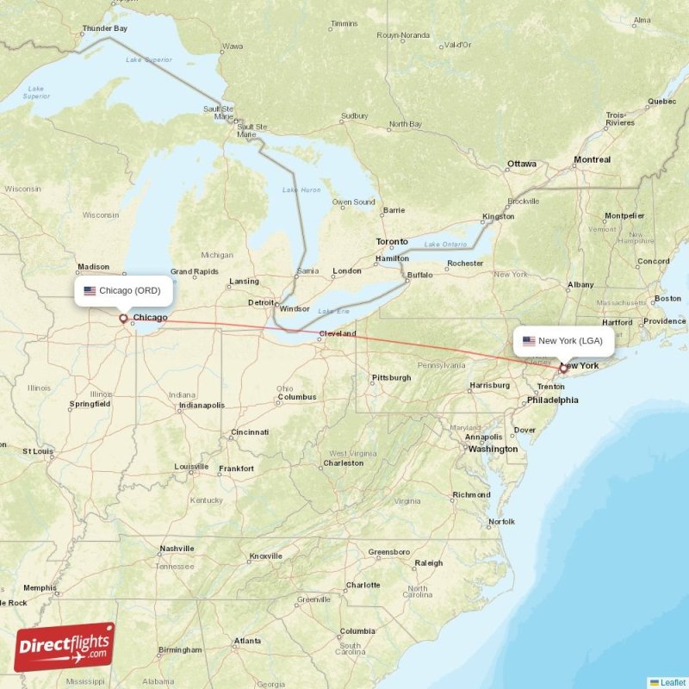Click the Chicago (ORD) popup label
tap(124, 291)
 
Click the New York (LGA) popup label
tap(564, 341)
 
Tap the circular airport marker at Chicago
tap(123, 318)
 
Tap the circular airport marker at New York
tap(563, 368)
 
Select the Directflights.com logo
tap(65, 647)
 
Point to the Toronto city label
tap(392, 242)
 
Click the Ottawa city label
tap(521, 164)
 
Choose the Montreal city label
tap(593, 159)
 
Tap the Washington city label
tap(493, 449)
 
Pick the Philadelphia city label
tap(552, 400)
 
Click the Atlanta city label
tap(247, 641)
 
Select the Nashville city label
tap(177, 549)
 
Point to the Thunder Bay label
tap(104, 28)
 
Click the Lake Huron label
tap(301, 189)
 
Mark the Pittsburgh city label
tap(391, 377)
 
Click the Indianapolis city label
tap(202, 405)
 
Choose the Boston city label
tap(667, 299)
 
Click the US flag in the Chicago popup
tap(90, 291)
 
